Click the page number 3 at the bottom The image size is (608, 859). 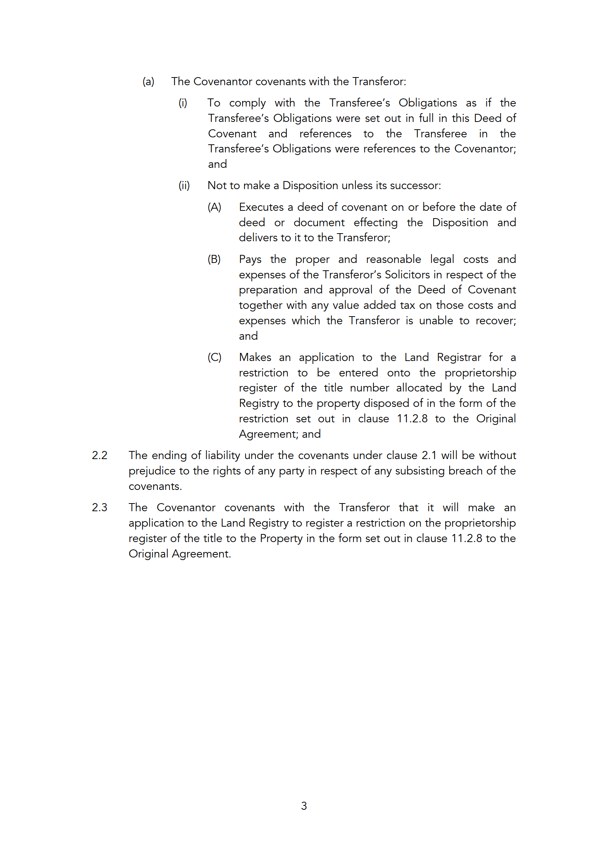tap(304, 805)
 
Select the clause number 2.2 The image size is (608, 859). tap(99, 455)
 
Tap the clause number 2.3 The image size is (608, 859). tap(99, 508)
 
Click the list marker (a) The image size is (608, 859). tap(148, 82)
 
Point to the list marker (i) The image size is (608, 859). tap(183, 103)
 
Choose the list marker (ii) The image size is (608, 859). tap(184, 185)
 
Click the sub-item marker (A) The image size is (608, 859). tap(214, 207)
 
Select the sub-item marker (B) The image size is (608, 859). tap(214, 259)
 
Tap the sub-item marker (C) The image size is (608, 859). tap(214, 357)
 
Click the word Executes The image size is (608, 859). tap(261, 207)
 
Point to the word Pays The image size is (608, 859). tap(250, 259)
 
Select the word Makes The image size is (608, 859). tap(255, 357)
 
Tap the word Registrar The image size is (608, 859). tap(459, 357)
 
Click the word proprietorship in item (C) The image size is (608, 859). tap(480, 373)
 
